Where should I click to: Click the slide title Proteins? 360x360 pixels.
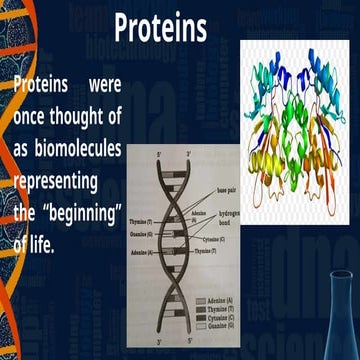(160, 28)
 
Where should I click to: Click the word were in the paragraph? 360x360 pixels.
(101, 84)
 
